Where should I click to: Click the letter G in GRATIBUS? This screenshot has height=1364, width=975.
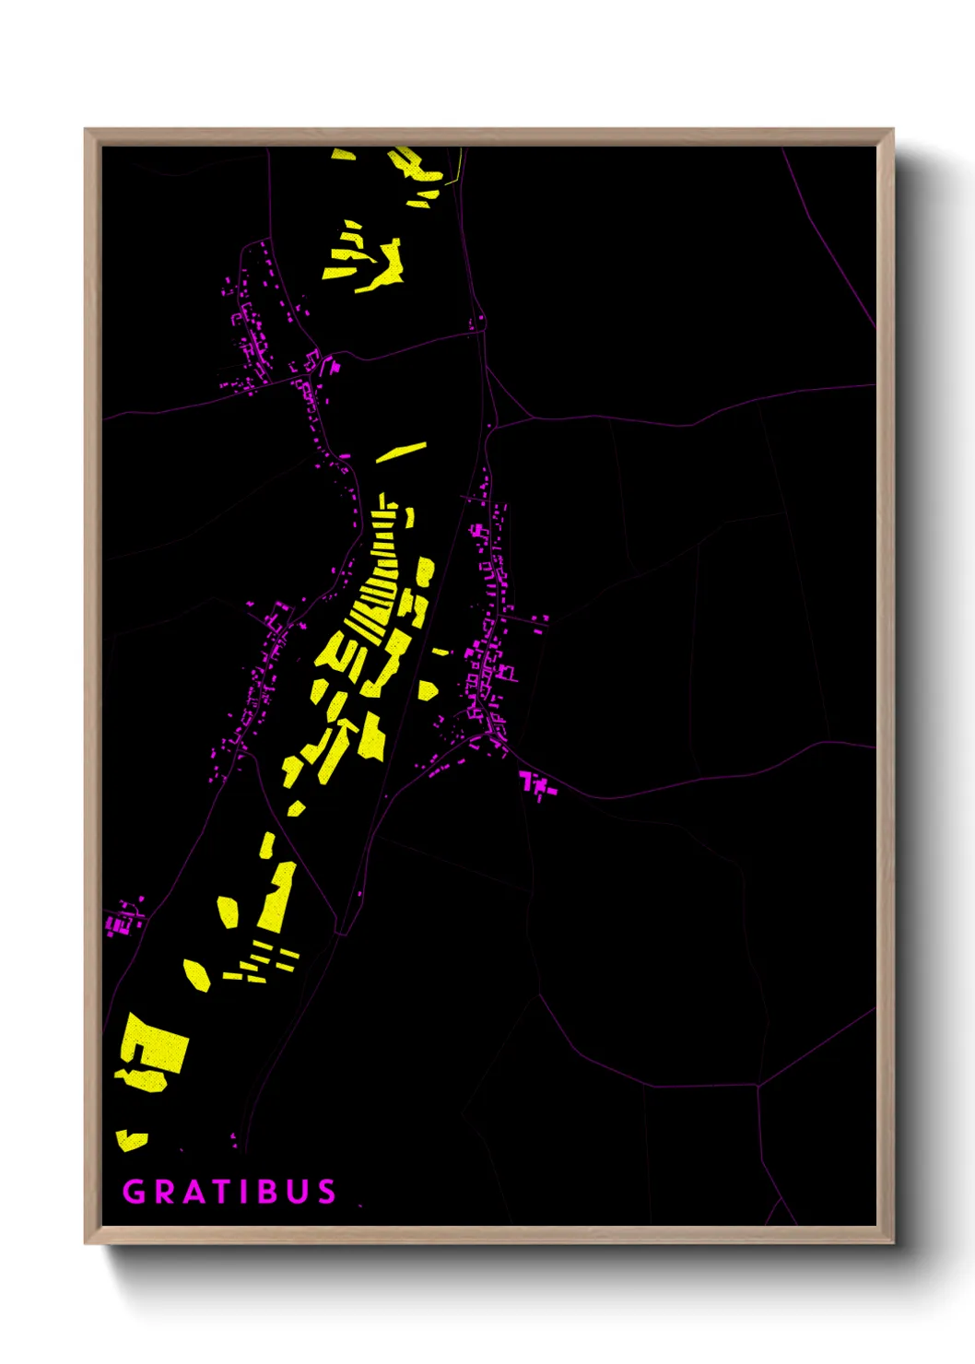(135, 1192)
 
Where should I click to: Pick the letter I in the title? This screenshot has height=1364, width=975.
(244, 1192)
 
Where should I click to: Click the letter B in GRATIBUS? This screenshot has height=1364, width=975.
(266, 1192)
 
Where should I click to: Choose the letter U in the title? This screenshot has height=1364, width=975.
(297, 1192)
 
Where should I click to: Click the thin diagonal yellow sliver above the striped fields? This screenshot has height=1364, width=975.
(401, 452)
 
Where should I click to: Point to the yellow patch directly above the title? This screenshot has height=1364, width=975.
(131, 1141)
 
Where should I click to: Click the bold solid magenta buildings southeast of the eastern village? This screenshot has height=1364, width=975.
(536, 784)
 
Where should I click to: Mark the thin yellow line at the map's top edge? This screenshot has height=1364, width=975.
(458, 166)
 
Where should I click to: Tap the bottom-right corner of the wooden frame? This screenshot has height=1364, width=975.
(891, 1241)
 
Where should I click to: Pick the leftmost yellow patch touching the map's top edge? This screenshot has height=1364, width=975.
(343, 153)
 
